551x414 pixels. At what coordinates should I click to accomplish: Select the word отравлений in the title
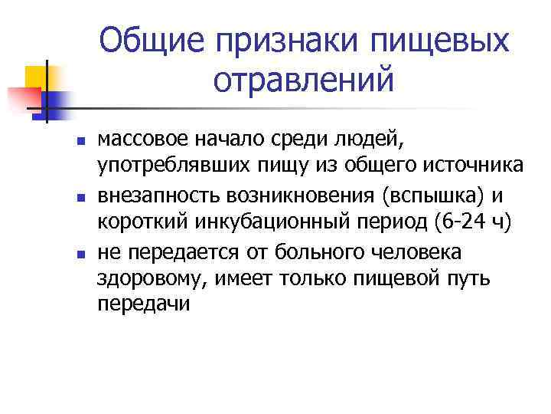[x=302, y=80]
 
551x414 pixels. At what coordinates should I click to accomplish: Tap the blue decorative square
[x=57, y=101]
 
